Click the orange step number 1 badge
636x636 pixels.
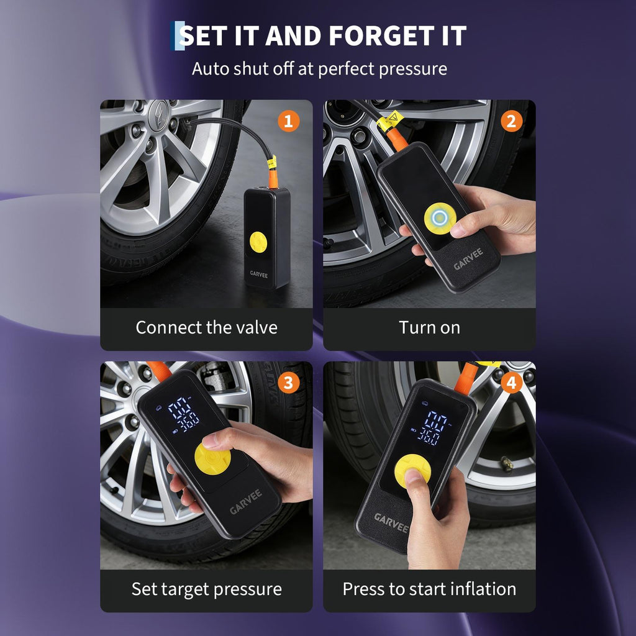click(288, 121)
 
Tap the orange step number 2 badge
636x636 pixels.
click(511, 121)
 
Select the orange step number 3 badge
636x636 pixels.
click(288, 383)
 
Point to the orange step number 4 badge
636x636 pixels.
click(511, 383)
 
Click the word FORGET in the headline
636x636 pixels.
click(381, 35)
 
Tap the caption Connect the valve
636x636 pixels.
click(206, 327)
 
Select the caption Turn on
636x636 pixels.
click(430, 327)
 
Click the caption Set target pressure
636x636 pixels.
click(206, 589)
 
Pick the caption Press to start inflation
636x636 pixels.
click(430, 589)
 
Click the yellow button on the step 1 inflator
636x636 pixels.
click(258, 242)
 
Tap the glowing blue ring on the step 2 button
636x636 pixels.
click(440, 218)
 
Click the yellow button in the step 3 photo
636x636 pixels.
click(212, 459)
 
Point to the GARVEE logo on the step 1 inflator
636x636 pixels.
click(259, 275)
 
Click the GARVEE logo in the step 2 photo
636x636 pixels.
click(468, 259)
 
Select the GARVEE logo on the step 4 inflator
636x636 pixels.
click(391, 522)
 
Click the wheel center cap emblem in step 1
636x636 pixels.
click(158, 115)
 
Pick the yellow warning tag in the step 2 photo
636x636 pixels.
click(388, 121)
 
